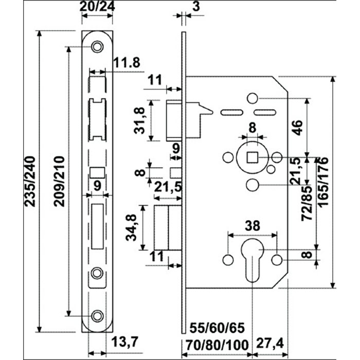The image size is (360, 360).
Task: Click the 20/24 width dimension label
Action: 97,6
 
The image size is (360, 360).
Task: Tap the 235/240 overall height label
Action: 30,182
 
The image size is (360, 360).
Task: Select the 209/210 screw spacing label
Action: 59,182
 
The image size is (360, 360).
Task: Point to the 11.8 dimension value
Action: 127,62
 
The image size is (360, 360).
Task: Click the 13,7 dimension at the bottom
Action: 124,343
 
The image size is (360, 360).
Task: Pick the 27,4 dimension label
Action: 270,344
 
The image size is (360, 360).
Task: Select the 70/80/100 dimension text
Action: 217,345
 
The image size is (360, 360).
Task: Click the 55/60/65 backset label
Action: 217,328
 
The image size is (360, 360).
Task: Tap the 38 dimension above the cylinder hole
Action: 253,226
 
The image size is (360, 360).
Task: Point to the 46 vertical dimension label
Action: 297,128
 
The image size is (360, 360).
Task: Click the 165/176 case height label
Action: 323,182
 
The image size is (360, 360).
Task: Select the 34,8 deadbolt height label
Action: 131,227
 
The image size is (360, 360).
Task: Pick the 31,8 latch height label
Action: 139,120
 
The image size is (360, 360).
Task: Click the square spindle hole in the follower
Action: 253,157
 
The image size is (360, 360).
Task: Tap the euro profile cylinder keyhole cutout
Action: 253,260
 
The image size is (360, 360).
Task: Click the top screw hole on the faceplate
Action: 97,47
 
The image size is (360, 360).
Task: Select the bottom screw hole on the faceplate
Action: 97,316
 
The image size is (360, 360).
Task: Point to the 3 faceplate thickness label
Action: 196,6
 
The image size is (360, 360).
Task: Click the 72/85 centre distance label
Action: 307,203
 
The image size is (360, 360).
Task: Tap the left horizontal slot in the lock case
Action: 231,113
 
